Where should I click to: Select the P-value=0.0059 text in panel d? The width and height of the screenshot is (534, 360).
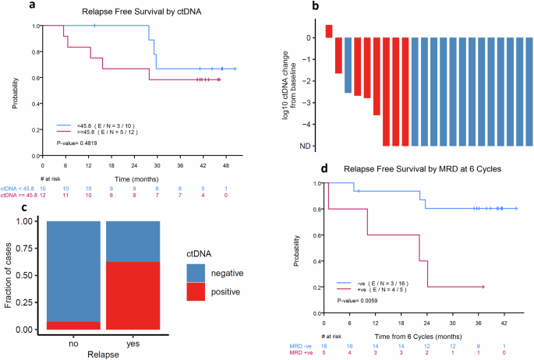359,299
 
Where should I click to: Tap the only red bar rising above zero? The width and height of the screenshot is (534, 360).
329,31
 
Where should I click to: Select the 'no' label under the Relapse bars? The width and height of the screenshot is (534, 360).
73,341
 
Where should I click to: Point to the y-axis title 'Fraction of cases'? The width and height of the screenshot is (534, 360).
10,275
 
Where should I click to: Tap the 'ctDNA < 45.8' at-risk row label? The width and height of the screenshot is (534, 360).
18,189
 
